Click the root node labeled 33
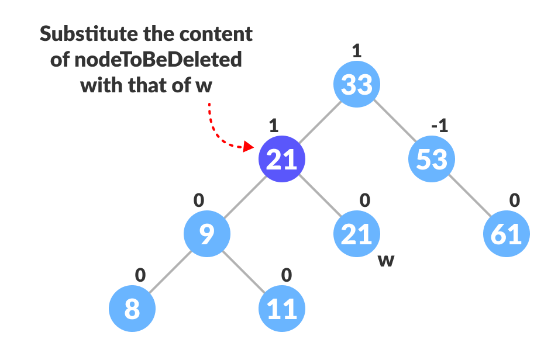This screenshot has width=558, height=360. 357,84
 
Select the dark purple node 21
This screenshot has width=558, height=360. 282,159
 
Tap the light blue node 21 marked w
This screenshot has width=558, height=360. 357,234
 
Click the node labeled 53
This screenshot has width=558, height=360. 432,159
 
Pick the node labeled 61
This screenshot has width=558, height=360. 507,234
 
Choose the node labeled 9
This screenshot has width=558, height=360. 207,234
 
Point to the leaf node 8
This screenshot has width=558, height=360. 132,309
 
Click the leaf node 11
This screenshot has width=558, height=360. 282,309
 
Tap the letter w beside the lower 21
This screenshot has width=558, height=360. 386,260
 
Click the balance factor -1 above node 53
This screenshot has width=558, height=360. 439,126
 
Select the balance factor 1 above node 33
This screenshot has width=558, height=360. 357,51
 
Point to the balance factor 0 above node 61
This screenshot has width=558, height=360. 514,200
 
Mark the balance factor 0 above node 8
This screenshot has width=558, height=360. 140,275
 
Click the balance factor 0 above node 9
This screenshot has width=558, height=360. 199,200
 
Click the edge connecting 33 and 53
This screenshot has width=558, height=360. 394,122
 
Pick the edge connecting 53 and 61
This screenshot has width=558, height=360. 469,196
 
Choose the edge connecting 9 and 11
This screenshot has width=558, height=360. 244,271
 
